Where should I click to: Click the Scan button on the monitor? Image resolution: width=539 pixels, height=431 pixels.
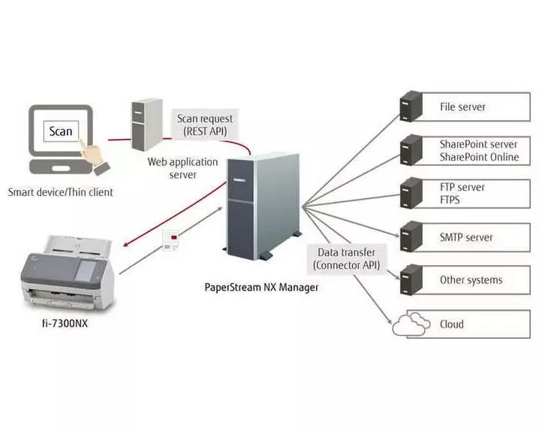point(61,132)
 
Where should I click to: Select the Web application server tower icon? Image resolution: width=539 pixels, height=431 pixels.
point(143,124)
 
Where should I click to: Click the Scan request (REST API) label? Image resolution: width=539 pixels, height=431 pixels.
point(205,125)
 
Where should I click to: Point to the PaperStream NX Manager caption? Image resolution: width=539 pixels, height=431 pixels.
point(261,287)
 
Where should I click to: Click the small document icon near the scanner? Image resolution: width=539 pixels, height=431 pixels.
point(171,239)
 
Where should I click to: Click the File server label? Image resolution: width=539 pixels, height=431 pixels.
point(462,107)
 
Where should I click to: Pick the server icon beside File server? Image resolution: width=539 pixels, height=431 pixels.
point(411,107)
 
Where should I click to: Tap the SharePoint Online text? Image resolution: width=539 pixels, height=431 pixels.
point(479,158)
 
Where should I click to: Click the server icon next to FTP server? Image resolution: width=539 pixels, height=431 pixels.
point(411,192)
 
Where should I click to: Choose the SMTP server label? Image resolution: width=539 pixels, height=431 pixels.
point(465,237)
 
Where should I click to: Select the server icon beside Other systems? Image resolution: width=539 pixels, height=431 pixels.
point(411,279)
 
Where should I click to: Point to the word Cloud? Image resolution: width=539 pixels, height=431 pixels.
point(452,324)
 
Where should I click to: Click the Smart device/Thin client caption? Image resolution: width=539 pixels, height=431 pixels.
point(61,192)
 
